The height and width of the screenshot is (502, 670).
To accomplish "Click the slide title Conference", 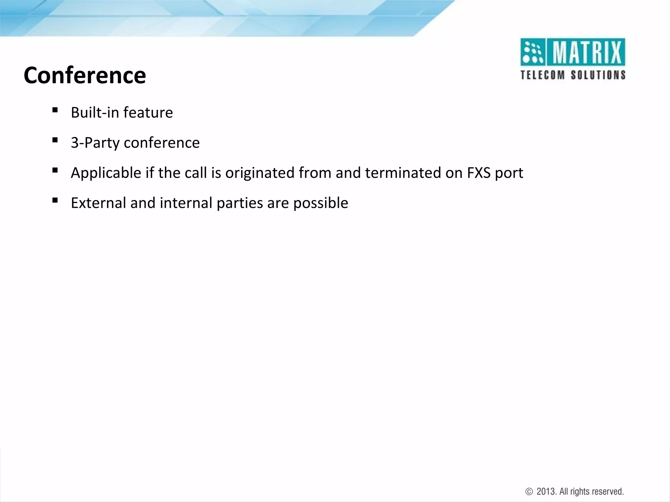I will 85,75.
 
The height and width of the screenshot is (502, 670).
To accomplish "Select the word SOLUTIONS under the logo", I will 598,75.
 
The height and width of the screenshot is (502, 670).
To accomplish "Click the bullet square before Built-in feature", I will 55,110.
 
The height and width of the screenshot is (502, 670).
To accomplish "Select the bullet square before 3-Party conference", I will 55,140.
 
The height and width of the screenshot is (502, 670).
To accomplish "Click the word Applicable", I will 106,173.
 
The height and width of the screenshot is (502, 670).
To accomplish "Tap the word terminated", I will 403,173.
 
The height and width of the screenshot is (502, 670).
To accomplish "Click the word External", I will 98,203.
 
